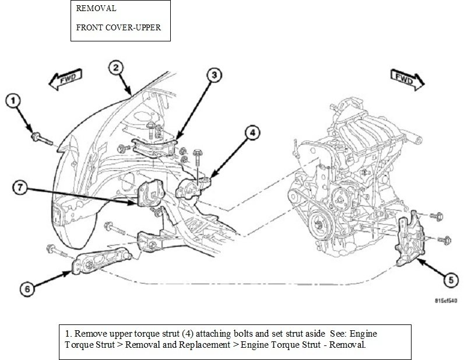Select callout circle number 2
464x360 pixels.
pos(117,68)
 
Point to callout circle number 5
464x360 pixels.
pos(449,281)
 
